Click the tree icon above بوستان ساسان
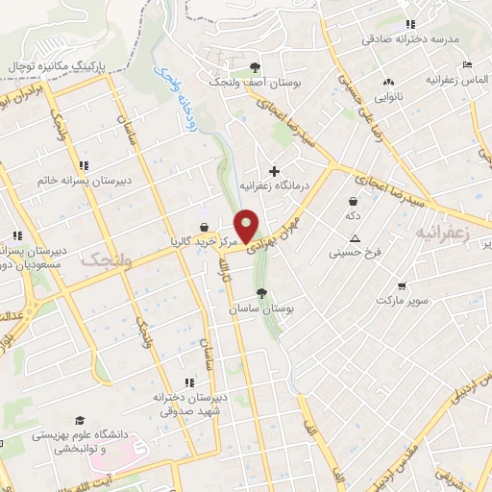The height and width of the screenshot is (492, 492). (x=260, y=294)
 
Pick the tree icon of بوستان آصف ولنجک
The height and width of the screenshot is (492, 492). (x=255, y=67)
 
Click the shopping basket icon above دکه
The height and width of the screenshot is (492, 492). (x=355, y=202)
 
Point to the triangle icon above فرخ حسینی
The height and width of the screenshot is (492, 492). (x=355, y=238)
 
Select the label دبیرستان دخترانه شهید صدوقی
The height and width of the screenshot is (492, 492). (x=189, y=402)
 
